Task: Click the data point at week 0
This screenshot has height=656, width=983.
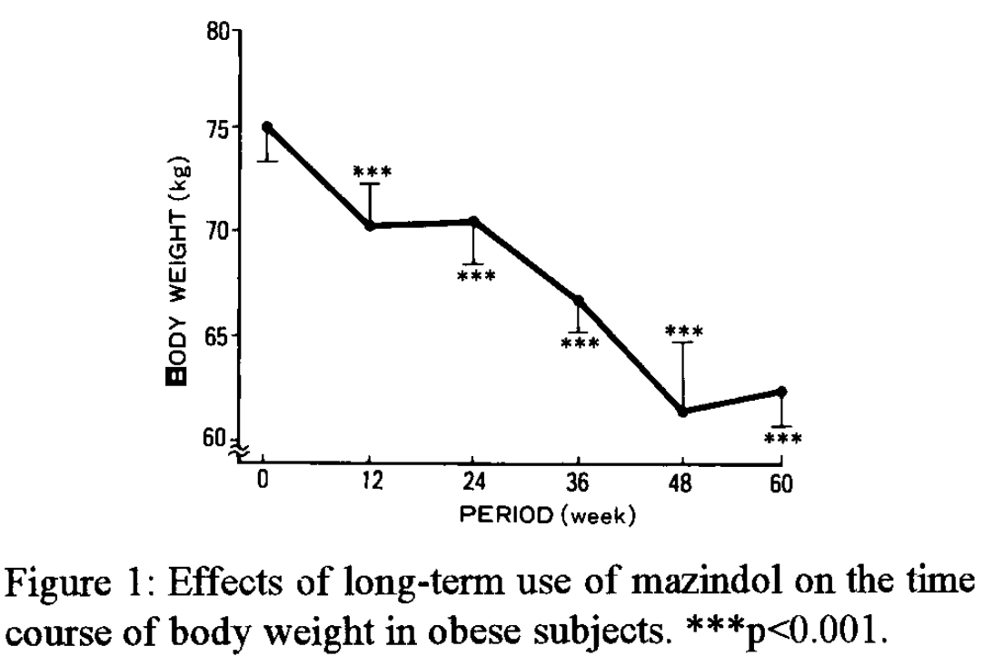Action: tap(266, 126)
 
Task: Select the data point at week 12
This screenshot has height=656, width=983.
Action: tap(370, 225)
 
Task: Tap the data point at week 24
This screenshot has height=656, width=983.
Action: tap(473, 221)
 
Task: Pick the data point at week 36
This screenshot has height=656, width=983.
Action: tap(578, 300)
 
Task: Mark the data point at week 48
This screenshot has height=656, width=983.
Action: tap(682, 412)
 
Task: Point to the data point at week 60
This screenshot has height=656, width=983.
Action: tap(782, 392)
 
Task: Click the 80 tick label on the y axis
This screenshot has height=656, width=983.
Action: tap(218, 35)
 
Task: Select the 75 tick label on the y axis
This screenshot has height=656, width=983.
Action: tap(218, 128)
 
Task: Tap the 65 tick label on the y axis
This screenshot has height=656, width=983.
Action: tap(218, 335)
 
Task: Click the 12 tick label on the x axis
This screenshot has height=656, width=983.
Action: tap(369, 484)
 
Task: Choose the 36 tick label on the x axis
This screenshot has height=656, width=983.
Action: tap(578, 484)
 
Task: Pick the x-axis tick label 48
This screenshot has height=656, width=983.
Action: tap(682, 484)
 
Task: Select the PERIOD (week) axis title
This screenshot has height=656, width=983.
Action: tap(549, 516)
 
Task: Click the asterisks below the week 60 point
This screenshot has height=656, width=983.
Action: tap(783, 440)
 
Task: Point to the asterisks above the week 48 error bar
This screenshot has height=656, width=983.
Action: tap(683, 331)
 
